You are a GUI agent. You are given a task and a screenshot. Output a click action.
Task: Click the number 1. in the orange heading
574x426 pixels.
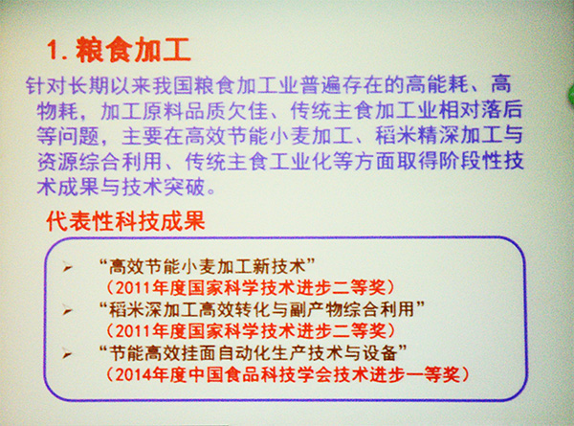[x=57, y=50]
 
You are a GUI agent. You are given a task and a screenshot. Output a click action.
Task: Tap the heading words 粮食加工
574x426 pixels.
[x=133, y=50]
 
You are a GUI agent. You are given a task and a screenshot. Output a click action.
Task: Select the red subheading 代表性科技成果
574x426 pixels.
[x=125, y=221]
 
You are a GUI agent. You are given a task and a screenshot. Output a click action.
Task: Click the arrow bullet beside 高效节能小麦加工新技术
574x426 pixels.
[x=68, y=268]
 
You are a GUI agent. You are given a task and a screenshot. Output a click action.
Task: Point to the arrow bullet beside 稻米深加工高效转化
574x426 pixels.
[x=68, y=311]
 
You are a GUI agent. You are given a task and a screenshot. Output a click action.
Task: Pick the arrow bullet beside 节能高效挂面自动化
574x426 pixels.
[x=68, y=354]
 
